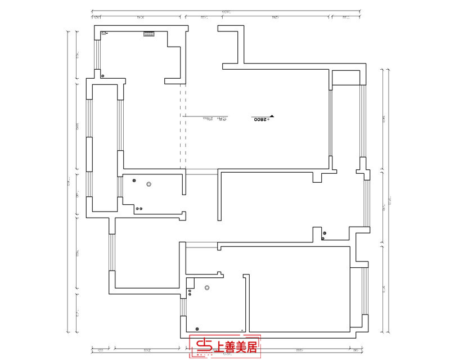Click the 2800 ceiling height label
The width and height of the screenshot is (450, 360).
tap(259, 120)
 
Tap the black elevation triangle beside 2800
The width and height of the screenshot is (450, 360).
tap(272, 116)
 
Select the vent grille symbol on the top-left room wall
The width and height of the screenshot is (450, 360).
tap(149, 35)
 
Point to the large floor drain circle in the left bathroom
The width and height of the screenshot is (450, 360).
tap(149, 184)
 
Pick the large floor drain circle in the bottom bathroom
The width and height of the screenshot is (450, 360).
tap(208, 289)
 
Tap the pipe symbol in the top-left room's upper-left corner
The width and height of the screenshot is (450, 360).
tap(103, 34)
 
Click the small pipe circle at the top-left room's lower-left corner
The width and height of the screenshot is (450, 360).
tap(103, 75)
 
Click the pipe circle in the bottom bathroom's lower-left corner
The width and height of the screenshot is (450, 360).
tap(197, 328)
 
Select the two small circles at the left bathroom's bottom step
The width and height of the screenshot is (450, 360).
tap(138, 209)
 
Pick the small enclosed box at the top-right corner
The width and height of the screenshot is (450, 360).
tap(345, 77)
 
